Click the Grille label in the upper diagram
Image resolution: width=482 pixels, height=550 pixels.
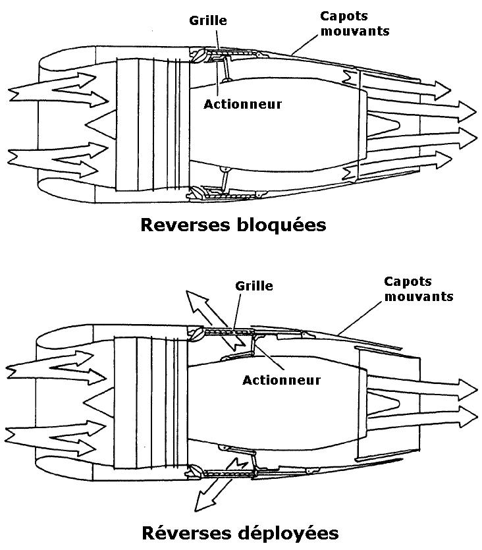click(x=209, y=20)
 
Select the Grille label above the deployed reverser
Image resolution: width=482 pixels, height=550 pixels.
click(x=254, y=286)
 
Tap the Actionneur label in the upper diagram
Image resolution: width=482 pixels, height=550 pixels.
click(x=242, y=104)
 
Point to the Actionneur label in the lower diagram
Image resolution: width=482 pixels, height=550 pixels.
click(x=281, y=380)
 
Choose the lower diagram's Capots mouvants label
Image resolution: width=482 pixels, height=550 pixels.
click(x=418, y=289)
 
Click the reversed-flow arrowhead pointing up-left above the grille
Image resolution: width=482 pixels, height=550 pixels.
click(x=192, y=299)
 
